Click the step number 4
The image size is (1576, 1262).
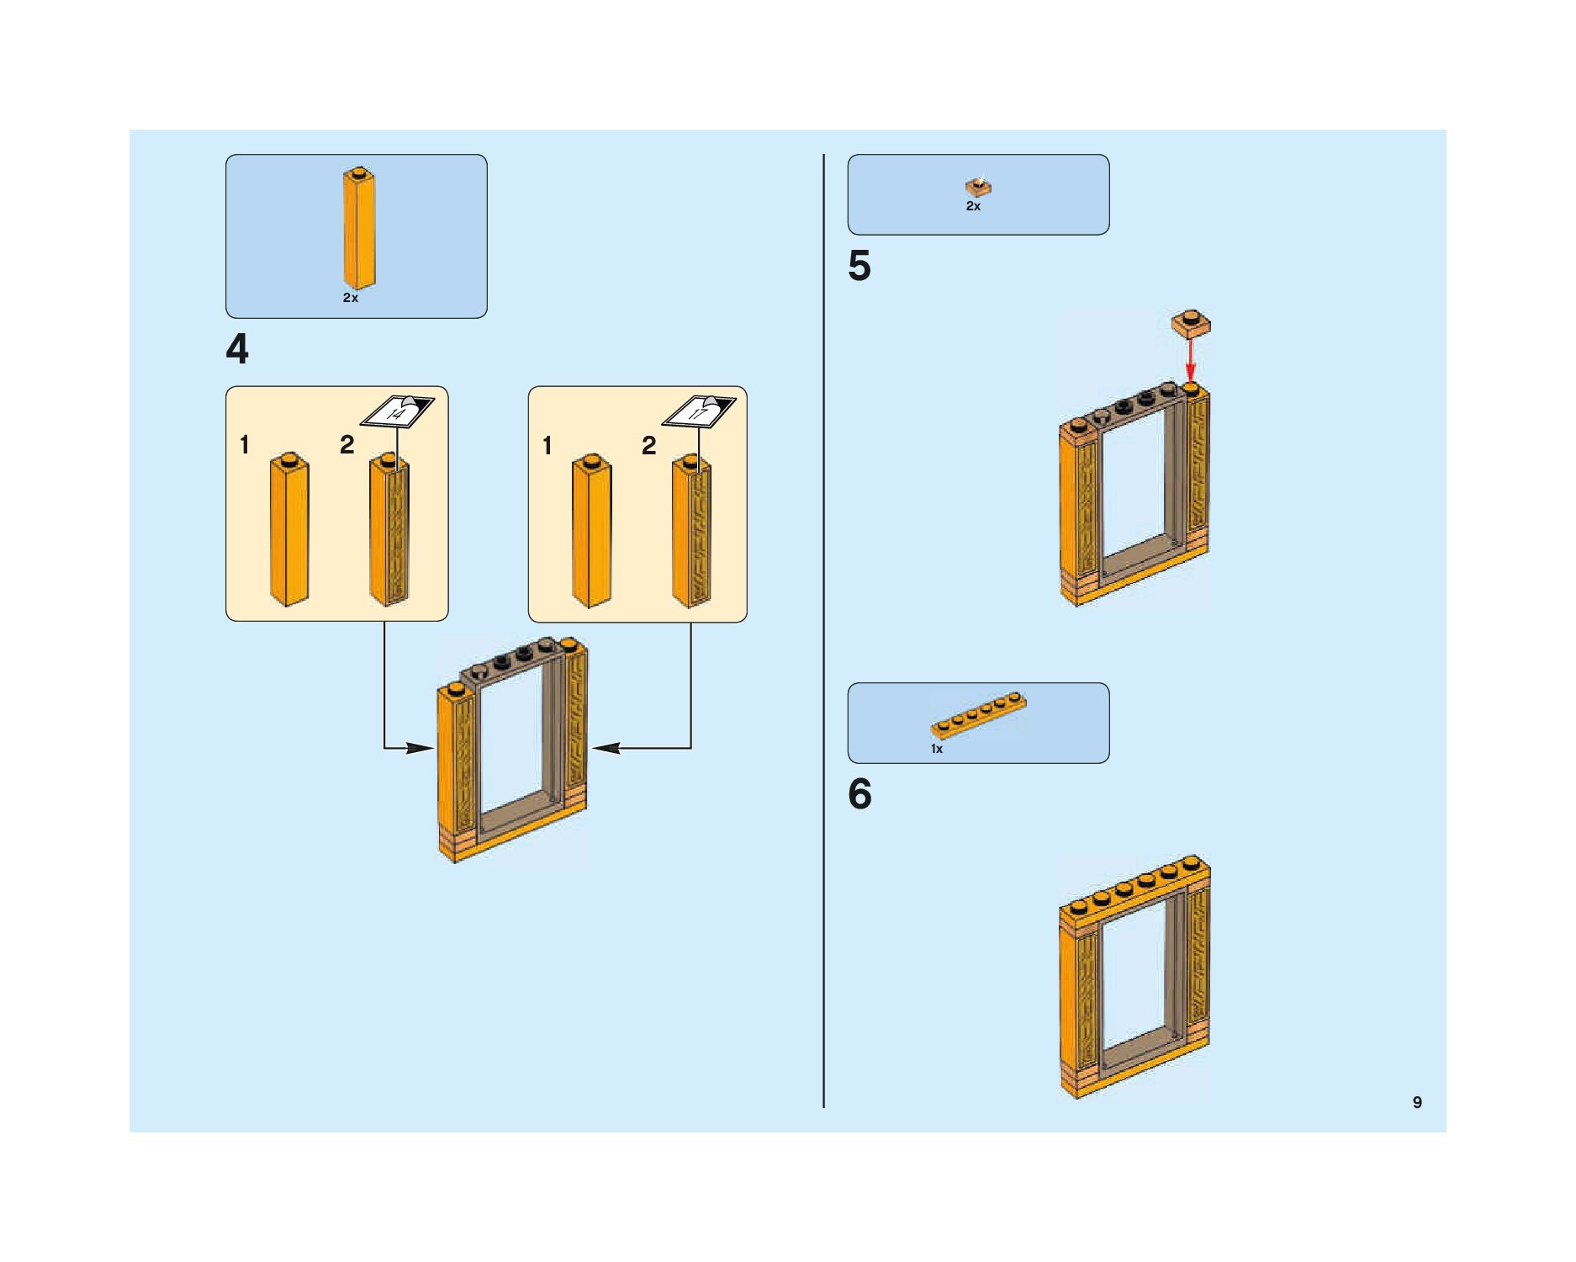237,349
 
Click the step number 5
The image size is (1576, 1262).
859,266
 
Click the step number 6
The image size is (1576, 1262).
859,794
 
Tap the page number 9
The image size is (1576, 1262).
1417,1102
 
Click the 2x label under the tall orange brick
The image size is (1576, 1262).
351,298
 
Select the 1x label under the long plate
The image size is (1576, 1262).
937,749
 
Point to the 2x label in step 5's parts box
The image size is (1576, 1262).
973,206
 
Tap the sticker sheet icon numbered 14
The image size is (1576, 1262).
398,411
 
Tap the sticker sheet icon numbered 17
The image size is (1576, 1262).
699,411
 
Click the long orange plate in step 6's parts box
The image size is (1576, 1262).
979,715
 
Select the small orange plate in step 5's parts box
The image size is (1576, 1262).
978,188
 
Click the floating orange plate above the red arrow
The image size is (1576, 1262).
1191,323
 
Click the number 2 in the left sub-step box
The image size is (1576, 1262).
346,445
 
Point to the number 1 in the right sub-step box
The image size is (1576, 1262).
547,445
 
